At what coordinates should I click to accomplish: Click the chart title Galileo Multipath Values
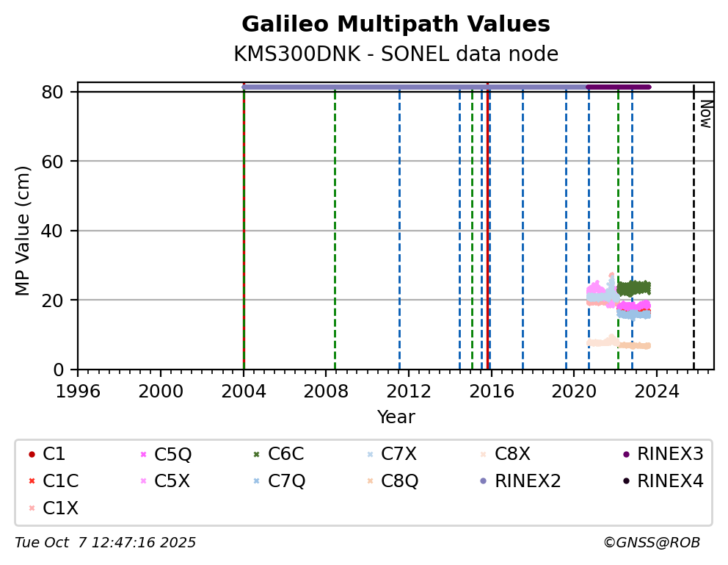pyautogui.click(x=396, y=24)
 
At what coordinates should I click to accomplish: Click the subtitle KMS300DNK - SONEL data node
pyautogui.click(x=396, y=54)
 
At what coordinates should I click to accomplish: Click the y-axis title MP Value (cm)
pyautogui.click(x=23, y=231)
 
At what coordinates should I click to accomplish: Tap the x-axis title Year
pyautogui.click(x=396, y=418)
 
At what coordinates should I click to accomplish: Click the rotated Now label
pyautogui.click(x=705, y=114)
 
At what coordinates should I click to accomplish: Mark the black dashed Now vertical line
pyautogui.click(x=694, y=220)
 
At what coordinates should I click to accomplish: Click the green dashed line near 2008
pyautogui.click(x=335, y=220)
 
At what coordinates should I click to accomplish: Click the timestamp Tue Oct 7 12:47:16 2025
pyautogui.click(x=106, y=543)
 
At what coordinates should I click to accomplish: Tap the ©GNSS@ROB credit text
pyautogui.click(x=652, y=543)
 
